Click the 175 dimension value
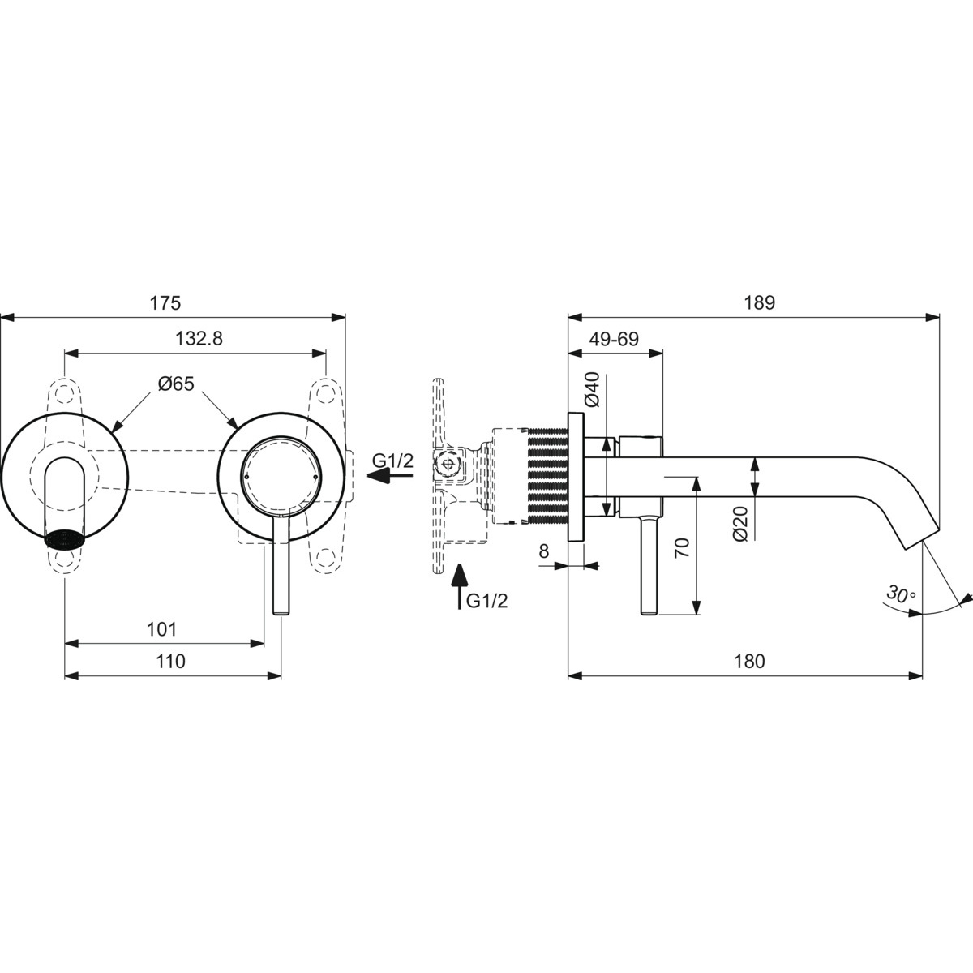(165, 303)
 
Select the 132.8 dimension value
(199, 338)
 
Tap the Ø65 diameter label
(176, 384)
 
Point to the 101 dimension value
(161, 629)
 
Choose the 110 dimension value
(170, 661)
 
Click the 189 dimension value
(759, 303)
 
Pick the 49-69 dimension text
(614, 338)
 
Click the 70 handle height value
(682, 547)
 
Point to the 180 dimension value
(750, 661)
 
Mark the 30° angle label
(902, 594)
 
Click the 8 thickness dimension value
(543, 551)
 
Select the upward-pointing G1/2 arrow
(459, 587)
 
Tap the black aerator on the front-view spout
(65, 538)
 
